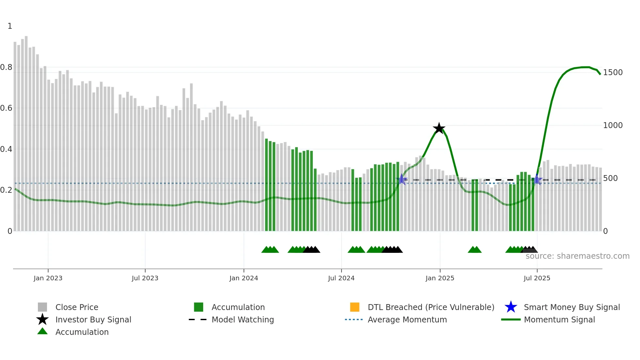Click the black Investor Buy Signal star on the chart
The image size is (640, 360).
[439, 128]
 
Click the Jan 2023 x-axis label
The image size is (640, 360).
[48, 278]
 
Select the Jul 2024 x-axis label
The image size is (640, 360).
[341, 278]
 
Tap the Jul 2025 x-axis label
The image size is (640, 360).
[537, 278]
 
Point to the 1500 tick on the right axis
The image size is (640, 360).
[613, 73]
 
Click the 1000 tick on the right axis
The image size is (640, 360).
[613, 125]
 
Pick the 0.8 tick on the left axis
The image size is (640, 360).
[6, 67]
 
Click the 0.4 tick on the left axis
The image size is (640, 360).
[6, 149]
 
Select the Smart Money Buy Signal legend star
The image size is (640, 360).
[511, 307]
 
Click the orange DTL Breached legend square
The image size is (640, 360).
[355, 307]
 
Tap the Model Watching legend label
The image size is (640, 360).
[243, 319]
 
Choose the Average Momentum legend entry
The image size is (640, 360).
[407, 319]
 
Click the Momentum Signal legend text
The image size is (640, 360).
[559, 319]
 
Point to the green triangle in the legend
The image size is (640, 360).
[42, 332]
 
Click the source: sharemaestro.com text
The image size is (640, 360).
[577, 256]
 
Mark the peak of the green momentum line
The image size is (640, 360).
[586, 67]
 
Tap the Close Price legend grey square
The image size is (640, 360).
[42, 307]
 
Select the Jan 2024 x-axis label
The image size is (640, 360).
[244, 278]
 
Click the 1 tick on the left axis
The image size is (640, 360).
[10, 26]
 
